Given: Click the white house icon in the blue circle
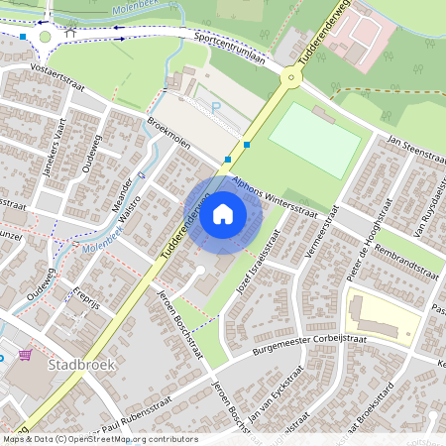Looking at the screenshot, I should point(223,214).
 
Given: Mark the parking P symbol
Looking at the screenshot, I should point(215,106).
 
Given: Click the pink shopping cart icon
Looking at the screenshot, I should point(24,354).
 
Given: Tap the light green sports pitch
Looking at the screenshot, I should point(315,140).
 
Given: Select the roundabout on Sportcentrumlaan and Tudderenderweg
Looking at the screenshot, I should point(289,76).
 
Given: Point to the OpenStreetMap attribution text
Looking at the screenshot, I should point(99,439).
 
